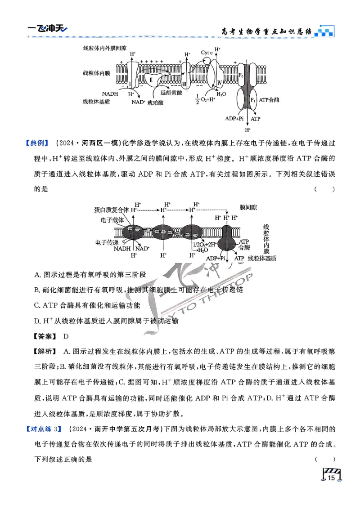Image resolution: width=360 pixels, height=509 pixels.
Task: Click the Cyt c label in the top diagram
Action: click(x=207, y=53)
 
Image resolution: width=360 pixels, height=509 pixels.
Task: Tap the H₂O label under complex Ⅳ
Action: click(x=221, y=94)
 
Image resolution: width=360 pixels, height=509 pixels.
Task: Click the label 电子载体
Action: click(x=110, y=220)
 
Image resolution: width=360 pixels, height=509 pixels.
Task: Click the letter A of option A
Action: click(x=36, y=275)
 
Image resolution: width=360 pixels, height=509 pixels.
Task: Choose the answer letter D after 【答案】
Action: click(x=66, y=336)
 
